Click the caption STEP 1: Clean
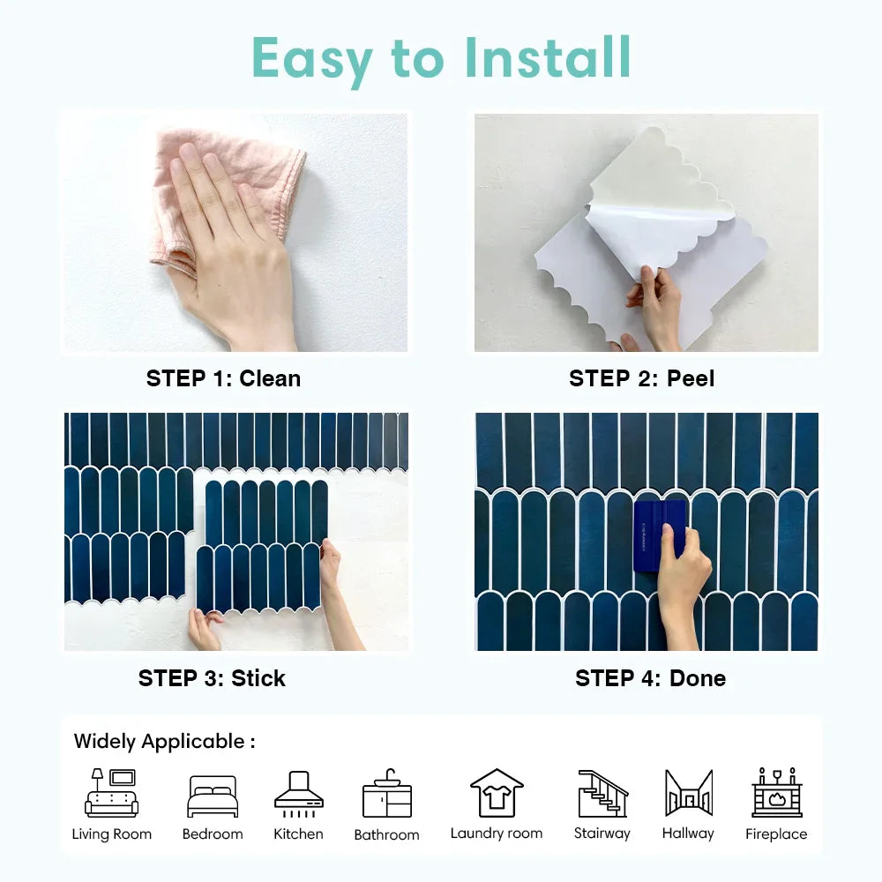pos(223,378)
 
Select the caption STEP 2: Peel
pos(642,378)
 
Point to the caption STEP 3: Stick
pos(212,678)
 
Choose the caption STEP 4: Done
pos(650,678)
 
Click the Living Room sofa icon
pos(111,793)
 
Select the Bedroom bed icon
pos(213,796)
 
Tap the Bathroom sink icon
pos(387,793)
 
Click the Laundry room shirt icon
pos(497,793)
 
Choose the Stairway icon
pos(603,793)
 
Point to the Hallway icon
pos(689,793)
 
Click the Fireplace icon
pos(777,792)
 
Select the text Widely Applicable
pos(159,742)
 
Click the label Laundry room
pos(497,833)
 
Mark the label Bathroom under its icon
pos(387,834)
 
